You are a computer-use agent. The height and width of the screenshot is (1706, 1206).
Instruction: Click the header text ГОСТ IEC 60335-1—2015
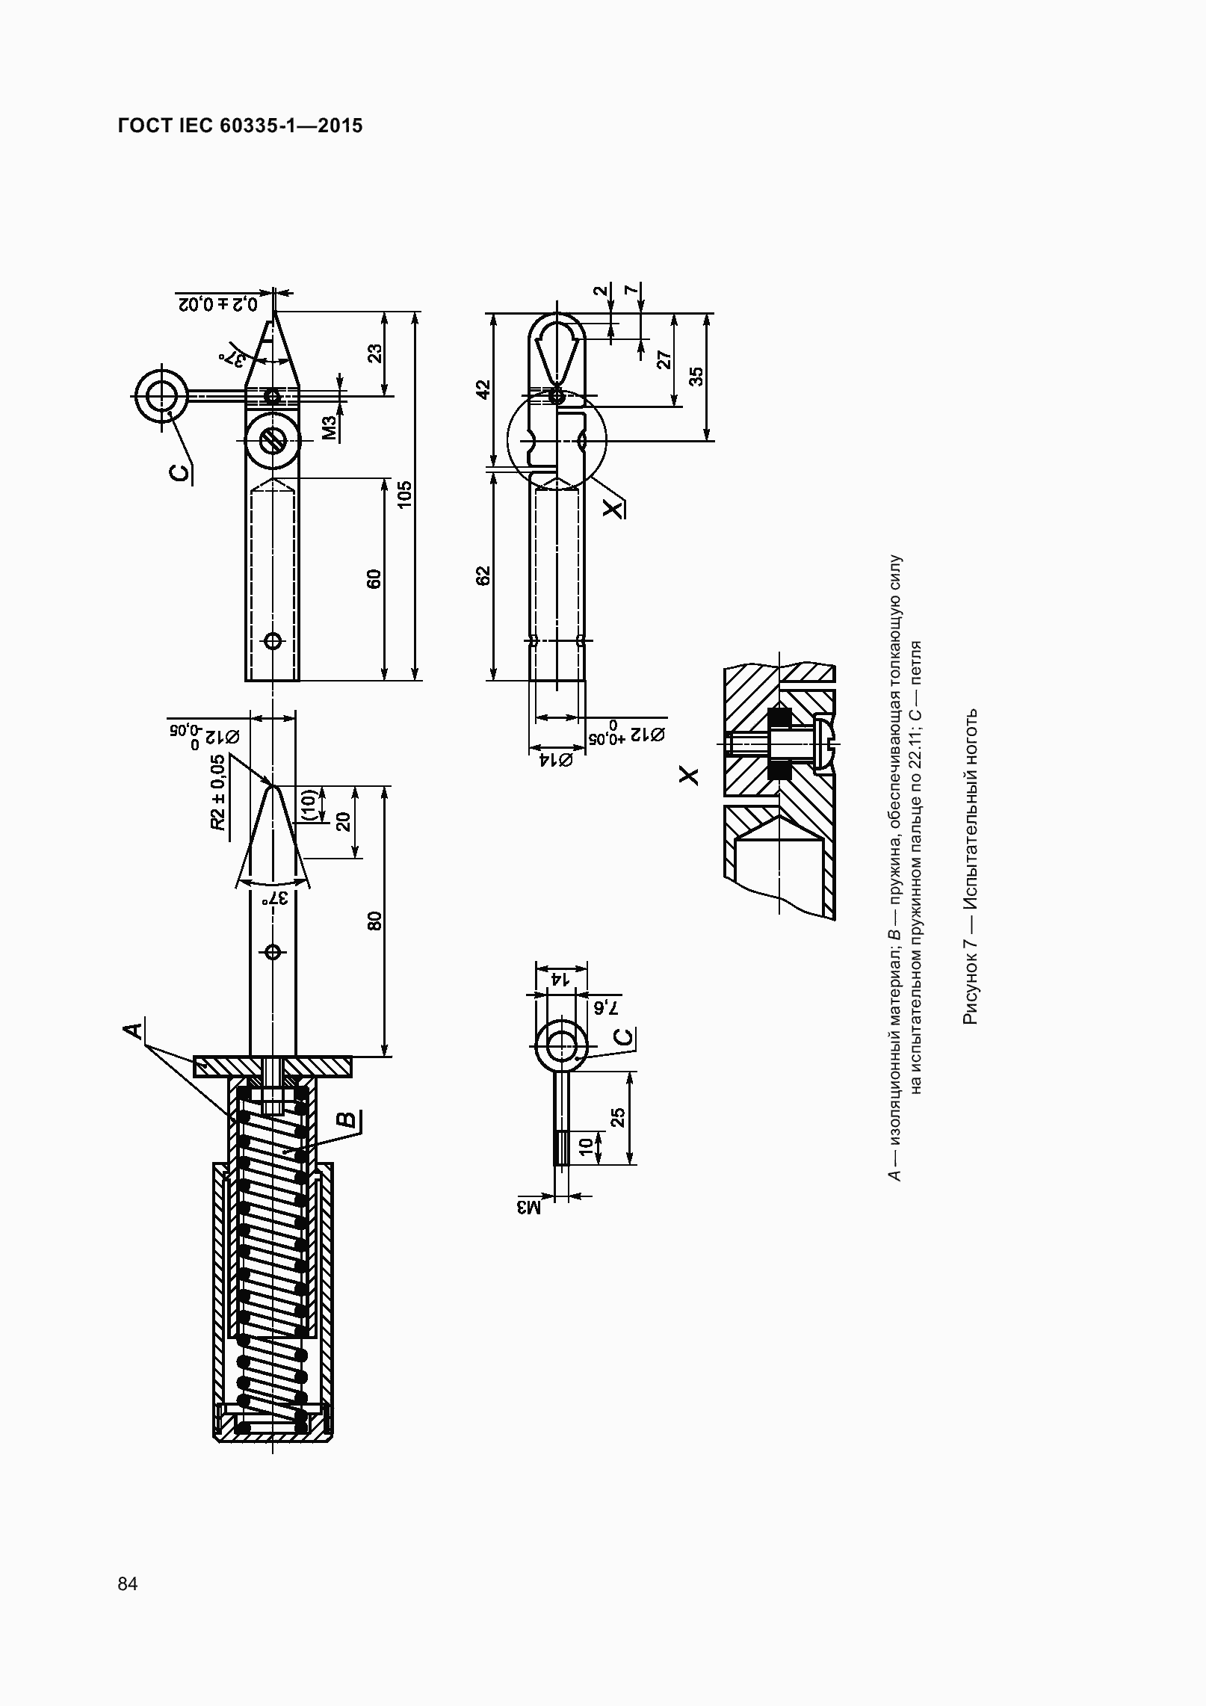[240, 126]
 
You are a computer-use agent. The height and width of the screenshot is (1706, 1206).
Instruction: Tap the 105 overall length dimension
[404, 495]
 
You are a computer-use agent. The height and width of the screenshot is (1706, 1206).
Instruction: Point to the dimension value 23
[375, 353]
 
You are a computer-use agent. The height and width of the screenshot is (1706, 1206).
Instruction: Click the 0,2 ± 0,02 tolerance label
[217, 304]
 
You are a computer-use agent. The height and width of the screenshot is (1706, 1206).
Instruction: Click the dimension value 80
[374, 921]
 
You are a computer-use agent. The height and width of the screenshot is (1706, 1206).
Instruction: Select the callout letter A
[132, 1030]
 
